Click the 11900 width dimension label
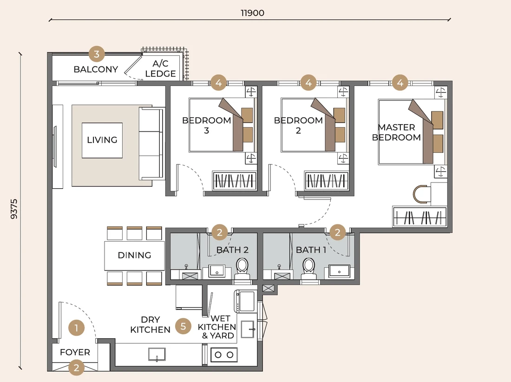(x=252, y=13)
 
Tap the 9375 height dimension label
(x=14, y=209)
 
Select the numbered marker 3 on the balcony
(x=97, y=54)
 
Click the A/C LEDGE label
(x=160, y=68)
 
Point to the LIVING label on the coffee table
(x=102, y=140)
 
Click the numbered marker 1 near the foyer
(x=76, y=328)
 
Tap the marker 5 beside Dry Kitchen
(x=183, y=326)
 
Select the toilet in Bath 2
(x=242, y=269)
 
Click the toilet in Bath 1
(x=308, y=269)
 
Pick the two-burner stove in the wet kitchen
(x=224, y=355)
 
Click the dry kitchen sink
(x=157, y=354)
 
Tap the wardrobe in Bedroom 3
(x=234, y=181)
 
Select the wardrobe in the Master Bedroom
(x=419, y=217)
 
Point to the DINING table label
(x=134, y=255)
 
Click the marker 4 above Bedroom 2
(x=308, y=83)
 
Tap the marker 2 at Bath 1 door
(x=337, y=232)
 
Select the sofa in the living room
(x=151, y=144)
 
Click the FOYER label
(x=75, y=352)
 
